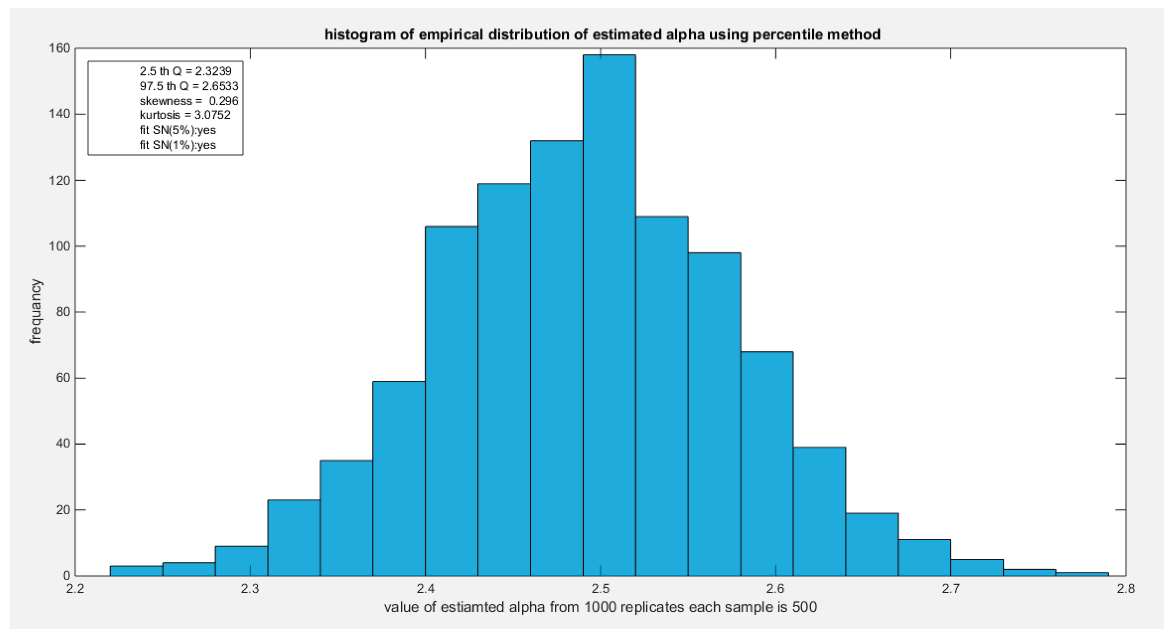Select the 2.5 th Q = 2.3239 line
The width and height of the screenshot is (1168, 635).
(x=186, y=71)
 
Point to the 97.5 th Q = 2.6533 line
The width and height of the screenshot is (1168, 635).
(x=189, y=86)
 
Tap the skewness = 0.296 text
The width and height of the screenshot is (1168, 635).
(x=189, y=101)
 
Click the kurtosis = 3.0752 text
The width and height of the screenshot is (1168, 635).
(x=185, y=115)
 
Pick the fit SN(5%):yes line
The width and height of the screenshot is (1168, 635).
(x=178, y=130)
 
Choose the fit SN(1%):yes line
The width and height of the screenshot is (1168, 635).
(x=178, y=145)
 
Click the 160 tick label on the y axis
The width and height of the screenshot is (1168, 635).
(x=60, y=48)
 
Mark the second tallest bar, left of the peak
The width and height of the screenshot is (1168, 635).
(x=556, y=358)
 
